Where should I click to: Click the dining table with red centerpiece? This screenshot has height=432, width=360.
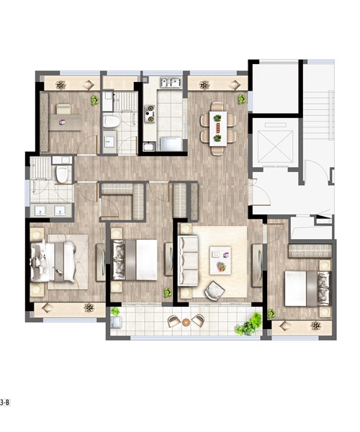point(218,129)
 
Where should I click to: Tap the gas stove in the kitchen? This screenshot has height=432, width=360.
point(150,113)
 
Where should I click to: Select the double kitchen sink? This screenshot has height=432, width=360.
point(171,82)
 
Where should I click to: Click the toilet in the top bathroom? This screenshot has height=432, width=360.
point(112,122)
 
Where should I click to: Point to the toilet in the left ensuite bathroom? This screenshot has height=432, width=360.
point(62,174)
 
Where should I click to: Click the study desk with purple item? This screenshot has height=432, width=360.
point(66,122)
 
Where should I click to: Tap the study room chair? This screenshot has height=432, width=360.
point(64,109)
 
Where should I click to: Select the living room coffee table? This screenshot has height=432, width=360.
point(220,261)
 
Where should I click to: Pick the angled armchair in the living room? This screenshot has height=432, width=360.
point(215,290)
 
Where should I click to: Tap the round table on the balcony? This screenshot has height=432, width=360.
point(186,322)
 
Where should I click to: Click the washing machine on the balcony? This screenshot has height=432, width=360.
point(116,322)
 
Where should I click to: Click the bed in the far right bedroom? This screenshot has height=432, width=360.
point(307,289)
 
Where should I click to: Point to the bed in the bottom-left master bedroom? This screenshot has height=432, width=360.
point(53,262)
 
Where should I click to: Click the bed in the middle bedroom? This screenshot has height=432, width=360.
point(134,260)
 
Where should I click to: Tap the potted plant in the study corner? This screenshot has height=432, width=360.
point(95,100)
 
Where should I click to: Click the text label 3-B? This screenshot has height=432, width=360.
point(5,402)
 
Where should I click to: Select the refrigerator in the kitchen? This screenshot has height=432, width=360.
point(171,144)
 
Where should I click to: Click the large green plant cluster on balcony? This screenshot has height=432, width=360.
point(249,324)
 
